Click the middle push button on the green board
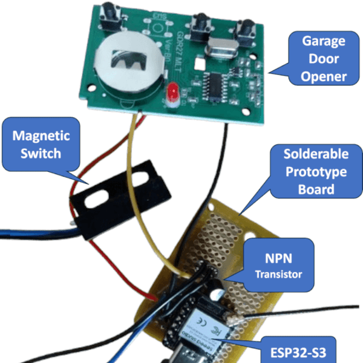[198, 25]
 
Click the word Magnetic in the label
[41, 136]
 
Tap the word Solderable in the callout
[315, 154]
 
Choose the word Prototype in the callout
[315, 172]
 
